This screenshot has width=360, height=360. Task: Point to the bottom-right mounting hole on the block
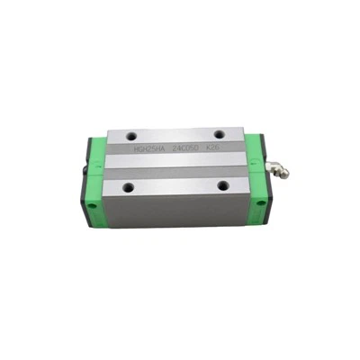pyautogui.click(x=220, y=186)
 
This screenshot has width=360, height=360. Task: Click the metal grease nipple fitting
pyautogui.click(x=273, y=166)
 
